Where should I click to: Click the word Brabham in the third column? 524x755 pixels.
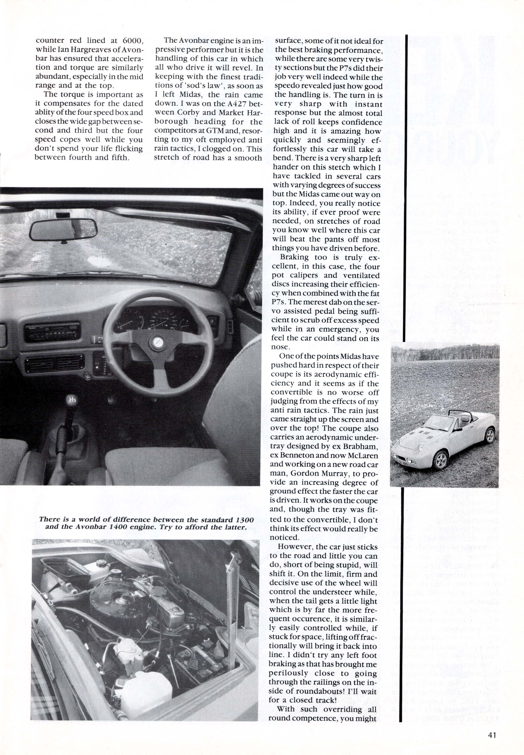click(x=360, y=446)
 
